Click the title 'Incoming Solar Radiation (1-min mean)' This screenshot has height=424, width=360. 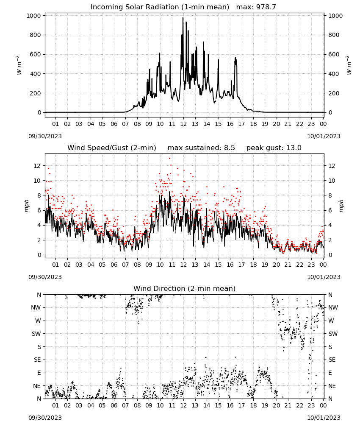click(x=160, y=7)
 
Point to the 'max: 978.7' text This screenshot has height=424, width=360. click(x=256, y=7)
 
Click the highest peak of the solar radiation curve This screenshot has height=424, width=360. click(x=183, y=18)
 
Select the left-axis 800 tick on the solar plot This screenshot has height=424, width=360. click(x=34, y=35)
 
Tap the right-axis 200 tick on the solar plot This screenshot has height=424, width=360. click(x=334, y=93)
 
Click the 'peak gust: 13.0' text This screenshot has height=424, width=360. click(x=274, y=148)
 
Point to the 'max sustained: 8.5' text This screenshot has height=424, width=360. click(x=201, y=148)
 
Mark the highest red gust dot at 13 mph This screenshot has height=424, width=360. click(x=169, y=159)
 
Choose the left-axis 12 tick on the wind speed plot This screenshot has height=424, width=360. click(x=37, y=166)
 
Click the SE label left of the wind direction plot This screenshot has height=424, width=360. click(x=37, y=360)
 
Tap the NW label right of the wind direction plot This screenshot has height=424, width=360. click(x=333, y=307)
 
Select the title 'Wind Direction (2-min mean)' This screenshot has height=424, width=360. click(x=185, y=288)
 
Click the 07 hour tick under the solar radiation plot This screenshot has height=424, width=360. click(x=125, y=124)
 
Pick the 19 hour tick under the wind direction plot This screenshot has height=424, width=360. click(x=265, y=406)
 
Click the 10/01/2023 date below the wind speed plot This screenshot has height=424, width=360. click(x=324, y=277)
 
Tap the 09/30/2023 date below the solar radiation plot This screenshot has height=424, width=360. click(x=45, y=136)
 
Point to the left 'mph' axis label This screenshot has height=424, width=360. click(x=26, y=206)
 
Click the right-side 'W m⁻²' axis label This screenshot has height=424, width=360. click(x=349, y=65)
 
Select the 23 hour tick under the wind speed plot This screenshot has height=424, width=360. click(x=311, y=265)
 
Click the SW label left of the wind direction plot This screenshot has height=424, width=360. click(x=36, y=334)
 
